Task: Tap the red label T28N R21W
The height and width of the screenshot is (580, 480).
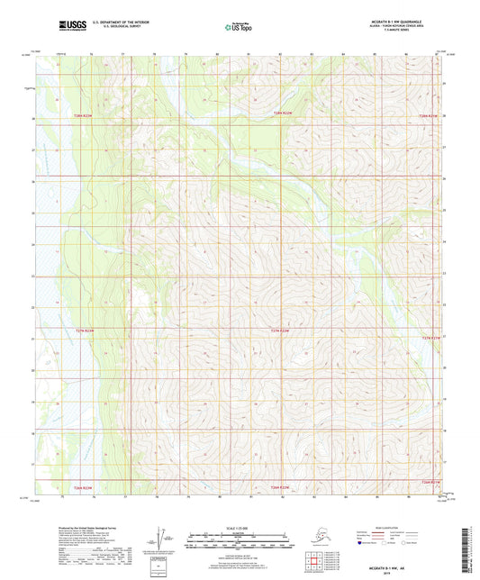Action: pyautogui.click(x=431, y=115)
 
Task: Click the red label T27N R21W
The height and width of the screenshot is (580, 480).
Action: pyautogui.click(x=432, y=337)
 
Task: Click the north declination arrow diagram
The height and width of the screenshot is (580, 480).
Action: pyautogui.click(x=164, y=539)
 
